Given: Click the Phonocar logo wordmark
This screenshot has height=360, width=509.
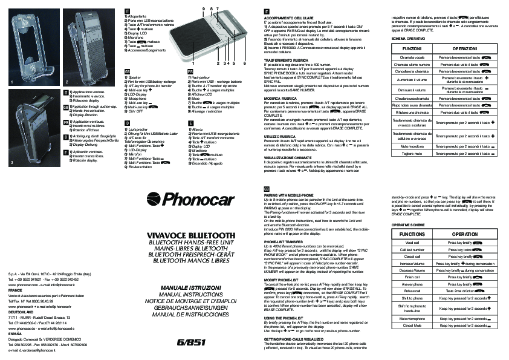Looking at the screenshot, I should [x=193, y=204].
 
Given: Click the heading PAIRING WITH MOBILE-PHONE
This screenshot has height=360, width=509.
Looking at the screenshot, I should [x=288, y=195].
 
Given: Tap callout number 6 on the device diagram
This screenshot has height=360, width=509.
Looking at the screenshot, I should [x=245, y=63].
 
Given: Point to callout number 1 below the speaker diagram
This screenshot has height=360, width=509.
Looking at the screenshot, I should [x=194, y=63].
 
